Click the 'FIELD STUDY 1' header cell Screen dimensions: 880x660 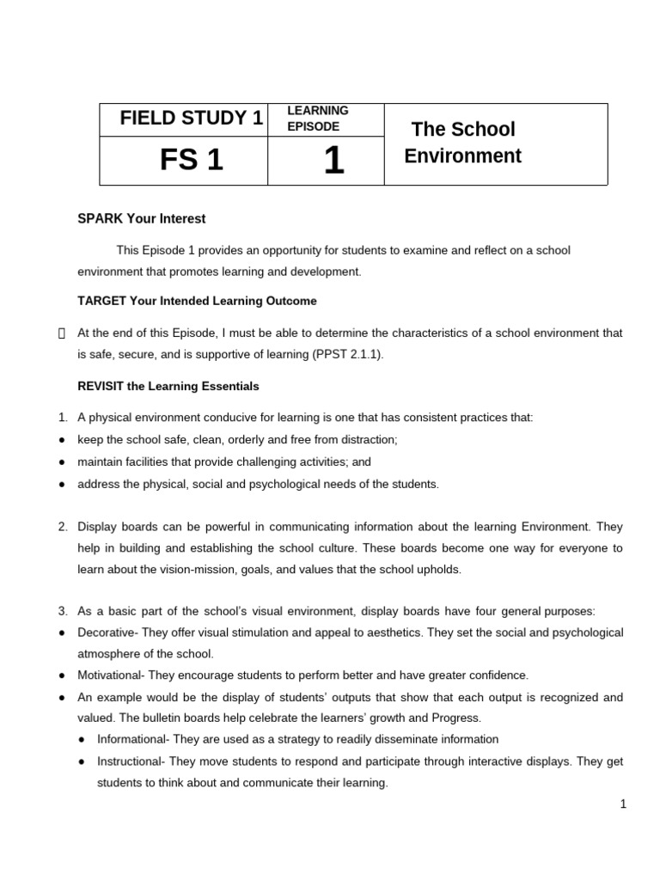tap(192, 119)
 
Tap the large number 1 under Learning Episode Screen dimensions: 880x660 tap(333, 161)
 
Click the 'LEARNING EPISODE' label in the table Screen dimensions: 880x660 tap(317, 119)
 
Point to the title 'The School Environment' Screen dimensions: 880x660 tap(463, 143)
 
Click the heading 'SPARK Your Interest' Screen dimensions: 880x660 tap(142, 219)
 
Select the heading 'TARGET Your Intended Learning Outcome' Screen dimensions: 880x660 tap(197, 301)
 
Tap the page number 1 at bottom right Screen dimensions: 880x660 tap(623, 804)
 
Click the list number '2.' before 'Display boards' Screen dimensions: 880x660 tap(63, 526)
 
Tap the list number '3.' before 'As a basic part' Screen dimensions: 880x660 tap(63, 611)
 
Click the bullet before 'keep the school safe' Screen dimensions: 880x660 tap(63, 439)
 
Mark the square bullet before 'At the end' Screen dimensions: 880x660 tap(61, 333)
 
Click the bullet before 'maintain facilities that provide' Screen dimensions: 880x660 tap(63, 461)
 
